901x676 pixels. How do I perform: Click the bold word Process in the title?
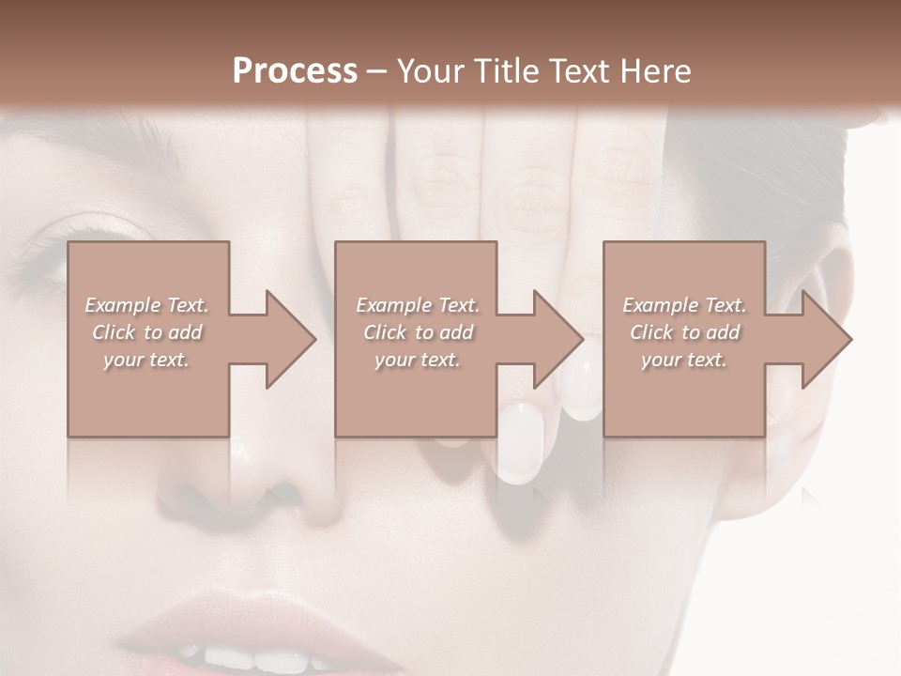pyautogui.click(x=295, y=70)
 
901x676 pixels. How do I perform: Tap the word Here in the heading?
pyautogui.click(x=656, y=70)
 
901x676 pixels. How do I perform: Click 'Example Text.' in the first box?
pyautogui.click(x=146, y=305)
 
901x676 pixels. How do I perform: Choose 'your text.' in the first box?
pyautogui.click(x=146, y=360)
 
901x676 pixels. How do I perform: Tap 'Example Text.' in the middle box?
pyautogui.click(x=418, y=305)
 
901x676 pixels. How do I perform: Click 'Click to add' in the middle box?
pyautogui.click(x=418, y=332)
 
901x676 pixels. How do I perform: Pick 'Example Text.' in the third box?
pyautogui.click(x=684, y=305)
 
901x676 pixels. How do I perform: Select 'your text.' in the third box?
pyautogui.click(x=684, y=360)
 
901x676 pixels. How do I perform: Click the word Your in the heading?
pyautogui.click(x=427, y=70)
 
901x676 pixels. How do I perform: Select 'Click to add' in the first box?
pyautogui.click(x=146, y=332)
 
